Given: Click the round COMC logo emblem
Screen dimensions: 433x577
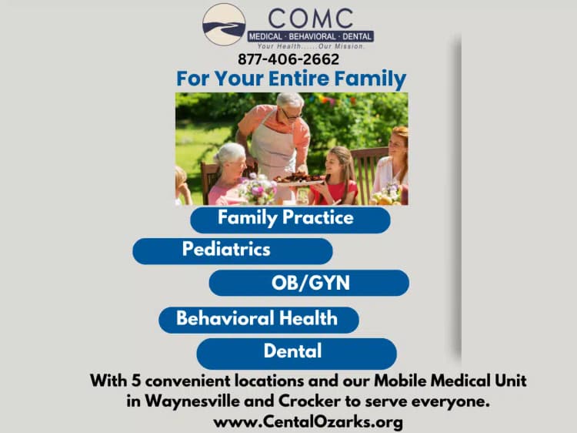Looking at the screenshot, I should pos(224,25).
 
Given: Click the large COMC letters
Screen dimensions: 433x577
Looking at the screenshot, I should pos(312,18).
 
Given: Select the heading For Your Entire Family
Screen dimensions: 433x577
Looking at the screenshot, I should pos(291,79).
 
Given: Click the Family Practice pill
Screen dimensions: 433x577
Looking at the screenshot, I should pos(290,219).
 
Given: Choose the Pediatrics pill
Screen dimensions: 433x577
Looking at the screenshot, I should pos(232,250).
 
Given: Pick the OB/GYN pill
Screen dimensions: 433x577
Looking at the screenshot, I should pos(309,283).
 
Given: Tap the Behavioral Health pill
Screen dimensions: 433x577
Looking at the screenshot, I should pos(258,319).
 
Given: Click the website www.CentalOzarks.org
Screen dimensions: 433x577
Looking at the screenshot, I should pos(308,422).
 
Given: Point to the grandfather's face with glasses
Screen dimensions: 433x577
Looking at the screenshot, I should pos(291,110).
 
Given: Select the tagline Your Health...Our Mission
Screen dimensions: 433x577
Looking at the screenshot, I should pos(311,46).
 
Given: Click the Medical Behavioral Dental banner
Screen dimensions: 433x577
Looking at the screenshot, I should pos(311,36).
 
